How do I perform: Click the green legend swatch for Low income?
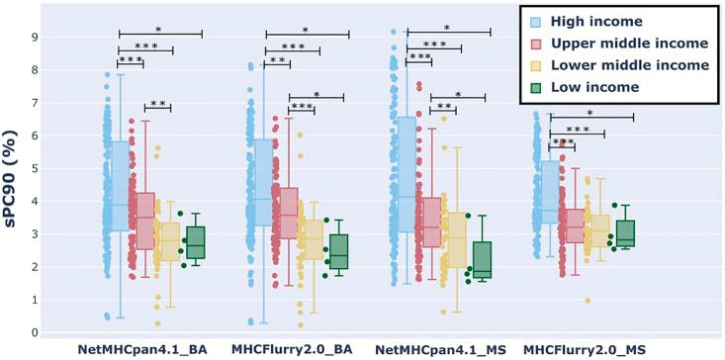pos(535,88)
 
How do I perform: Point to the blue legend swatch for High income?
pos(535,21)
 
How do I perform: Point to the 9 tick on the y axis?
pos(35,38)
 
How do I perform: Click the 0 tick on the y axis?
pos(35,333)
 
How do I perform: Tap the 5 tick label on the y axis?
pos(35,169)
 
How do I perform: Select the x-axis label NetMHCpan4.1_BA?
pos(139,350)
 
